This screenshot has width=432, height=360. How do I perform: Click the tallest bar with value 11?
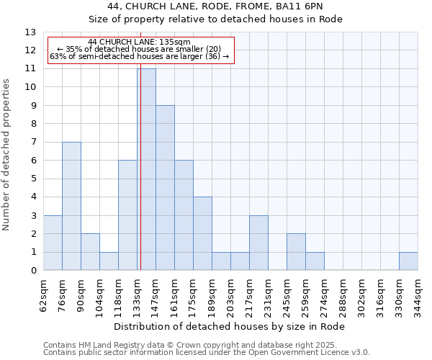pos(146,169)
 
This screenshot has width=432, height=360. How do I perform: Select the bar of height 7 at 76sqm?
pos(71,206)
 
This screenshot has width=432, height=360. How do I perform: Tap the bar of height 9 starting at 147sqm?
pos(165,188)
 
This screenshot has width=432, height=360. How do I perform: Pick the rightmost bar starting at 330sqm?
pos(408,261)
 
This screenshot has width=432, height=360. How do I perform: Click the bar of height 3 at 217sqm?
pos(258,243)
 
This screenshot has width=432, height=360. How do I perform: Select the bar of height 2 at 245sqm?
pos(296,252)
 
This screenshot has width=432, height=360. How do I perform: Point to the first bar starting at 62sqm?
pos(53,243)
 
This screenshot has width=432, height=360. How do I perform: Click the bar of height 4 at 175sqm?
pos(202,233)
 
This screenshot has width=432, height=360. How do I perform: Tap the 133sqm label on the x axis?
pos(138,294)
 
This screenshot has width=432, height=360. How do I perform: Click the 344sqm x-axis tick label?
pos(418,294)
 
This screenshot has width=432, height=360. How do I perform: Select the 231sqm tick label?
pos(269,294)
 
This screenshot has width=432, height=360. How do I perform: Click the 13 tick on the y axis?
pos(31,32)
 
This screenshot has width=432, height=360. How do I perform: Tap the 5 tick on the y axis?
pos(33,179)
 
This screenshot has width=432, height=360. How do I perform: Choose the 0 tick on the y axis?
pos(33,271)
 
